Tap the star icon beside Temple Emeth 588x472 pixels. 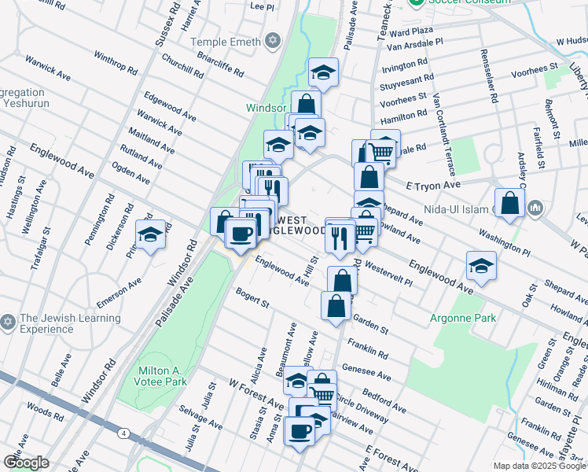coord(273,39)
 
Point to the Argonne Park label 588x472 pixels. coord(463,318)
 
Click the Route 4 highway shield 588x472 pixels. coord(124,433)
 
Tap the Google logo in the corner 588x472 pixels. coord(26,463)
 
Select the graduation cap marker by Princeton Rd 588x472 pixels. coord(150,234)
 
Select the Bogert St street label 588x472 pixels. coord(252,298)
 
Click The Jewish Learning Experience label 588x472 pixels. coord(71,323)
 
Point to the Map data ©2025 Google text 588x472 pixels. coord(538,466)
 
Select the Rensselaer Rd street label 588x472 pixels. coord(488,77)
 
